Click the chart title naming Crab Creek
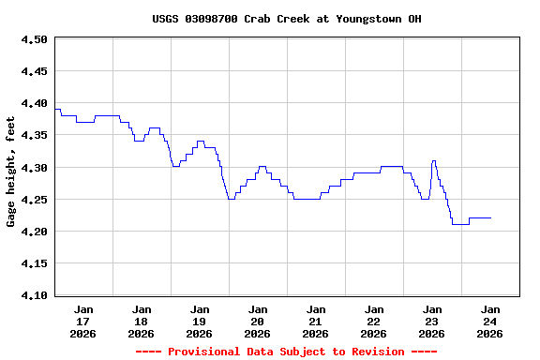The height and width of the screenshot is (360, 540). (x=287, y=19)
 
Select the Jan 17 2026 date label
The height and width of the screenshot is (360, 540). (x=83, y=321)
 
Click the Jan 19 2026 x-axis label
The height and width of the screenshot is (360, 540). (x=200, y=321)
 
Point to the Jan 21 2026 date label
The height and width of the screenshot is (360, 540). (x=316, y=321)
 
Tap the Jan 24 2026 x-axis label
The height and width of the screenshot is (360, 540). (x=489, y=321)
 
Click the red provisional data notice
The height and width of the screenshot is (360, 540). (x=286, y=352)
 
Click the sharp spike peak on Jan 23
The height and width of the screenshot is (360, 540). (x=433, y=161)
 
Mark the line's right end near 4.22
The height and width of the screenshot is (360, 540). (x=490, y=217)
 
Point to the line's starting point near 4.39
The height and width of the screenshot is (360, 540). (x=55, y=110)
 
